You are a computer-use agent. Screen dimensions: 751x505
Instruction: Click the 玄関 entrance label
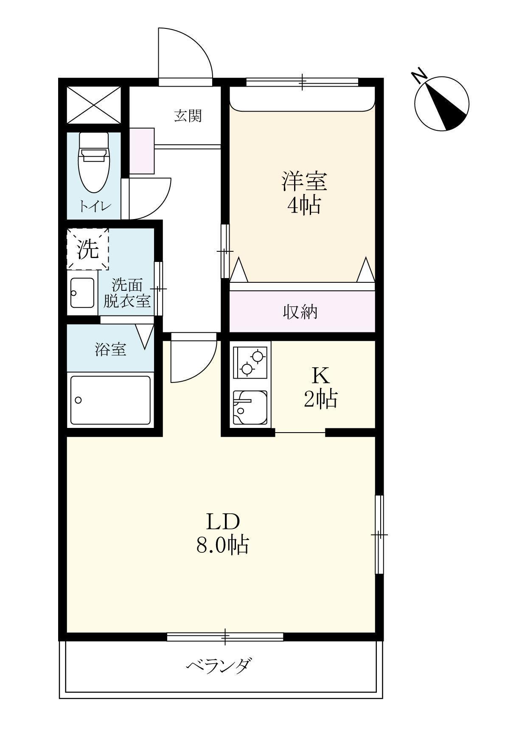tap(188, 115)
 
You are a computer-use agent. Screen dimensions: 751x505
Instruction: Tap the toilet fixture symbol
tap(94, 163)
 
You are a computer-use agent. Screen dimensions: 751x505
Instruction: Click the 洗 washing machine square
tap(88, 249)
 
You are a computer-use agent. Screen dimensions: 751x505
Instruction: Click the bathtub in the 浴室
tap(110, 400)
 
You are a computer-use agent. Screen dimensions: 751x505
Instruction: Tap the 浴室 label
tap(110, 350)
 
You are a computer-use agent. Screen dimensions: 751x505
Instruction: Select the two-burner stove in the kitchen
tap(250, 361)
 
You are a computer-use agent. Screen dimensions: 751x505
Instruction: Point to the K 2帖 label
tap(320, 387)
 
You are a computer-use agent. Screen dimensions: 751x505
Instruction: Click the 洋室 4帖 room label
tap(304, 193)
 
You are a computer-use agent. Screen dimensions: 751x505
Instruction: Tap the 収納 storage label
tap(300, 312)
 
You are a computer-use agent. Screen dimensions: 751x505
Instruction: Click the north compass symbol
tap(442, 104)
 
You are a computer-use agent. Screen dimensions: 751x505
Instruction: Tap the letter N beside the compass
tap(419, 76)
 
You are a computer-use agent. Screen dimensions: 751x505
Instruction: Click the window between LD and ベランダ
tap(225, 636)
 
